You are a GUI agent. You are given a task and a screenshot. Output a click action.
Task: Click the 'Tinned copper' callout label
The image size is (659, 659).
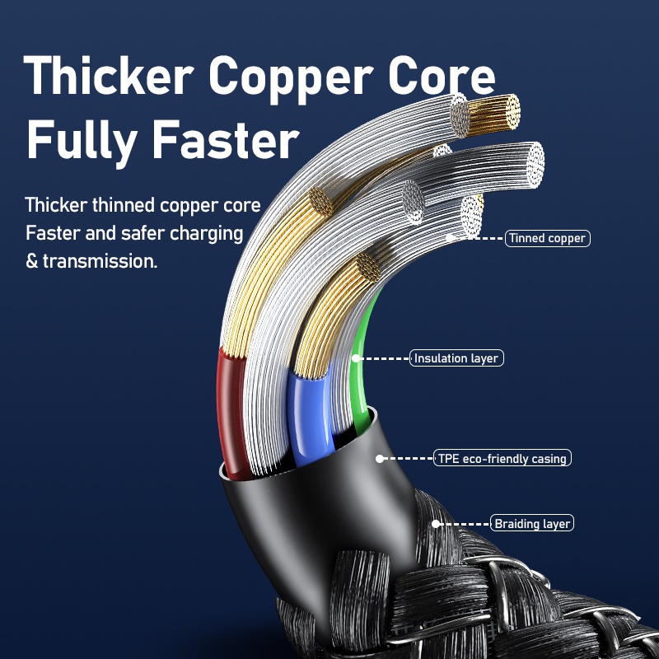coord(547,239)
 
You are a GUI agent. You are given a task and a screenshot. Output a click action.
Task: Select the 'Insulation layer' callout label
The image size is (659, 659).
coord(456,358)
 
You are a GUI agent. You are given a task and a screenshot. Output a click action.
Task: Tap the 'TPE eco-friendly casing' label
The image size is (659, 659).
coord(502,458)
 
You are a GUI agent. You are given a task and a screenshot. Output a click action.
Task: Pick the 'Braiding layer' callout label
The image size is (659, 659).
coord(531,523)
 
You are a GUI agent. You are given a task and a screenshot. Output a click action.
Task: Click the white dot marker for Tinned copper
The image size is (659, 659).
coord(450,239)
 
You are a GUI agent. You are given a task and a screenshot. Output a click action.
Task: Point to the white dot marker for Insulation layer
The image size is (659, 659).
coord(355,358)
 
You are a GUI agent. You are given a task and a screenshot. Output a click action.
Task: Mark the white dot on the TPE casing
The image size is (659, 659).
coord(380,458)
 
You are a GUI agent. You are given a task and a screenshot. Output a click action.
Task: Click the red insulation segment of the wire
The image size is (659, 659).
coord(233,412)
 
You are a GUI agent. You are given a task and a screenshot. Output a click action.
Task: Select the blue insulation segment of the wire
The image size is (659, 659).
coord(306,412)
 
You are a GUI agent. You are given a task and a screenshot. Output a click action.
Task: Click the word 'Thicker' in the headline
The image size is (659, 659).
coord(110,77)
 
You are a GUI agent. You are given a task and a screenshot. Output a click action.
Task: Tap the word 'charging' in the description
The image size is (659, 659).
coord(206,234)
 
